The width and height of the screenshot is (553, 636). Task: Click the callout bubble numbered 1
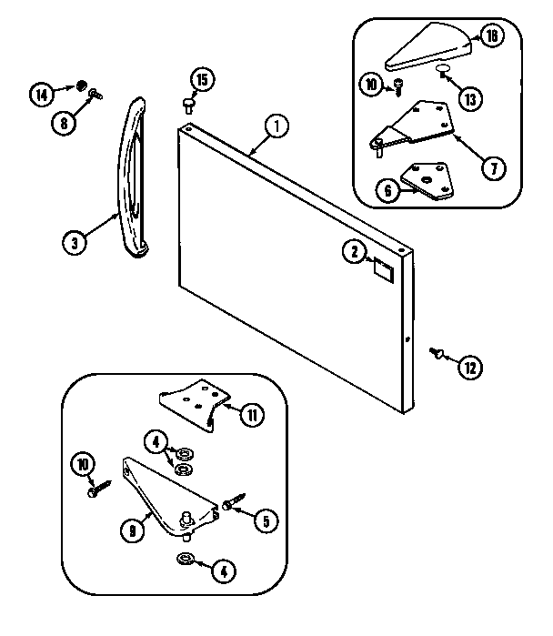(x=280, y=126)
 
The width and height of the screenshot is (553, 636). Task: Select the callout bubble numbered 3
(x=75, y=242)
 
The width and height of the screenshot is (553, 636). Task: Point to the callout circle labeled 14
(x=41, y=93)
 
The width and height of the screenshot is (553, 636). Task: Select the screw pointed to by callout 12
(x=437, y=351)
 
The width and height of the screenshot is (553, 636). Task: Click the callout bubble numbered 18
(x=492, y=37)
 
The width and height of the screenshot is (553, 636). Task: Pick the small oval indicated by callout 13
(x=443, y=68)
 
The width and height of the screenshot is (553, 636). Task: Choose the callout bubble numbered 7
(x=492, y=168)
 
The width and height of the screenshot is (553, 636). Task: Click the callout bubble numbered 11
(x=252, y=416)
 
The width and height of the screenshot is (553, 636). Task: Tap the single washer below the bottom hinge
(x=185, y=560)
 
